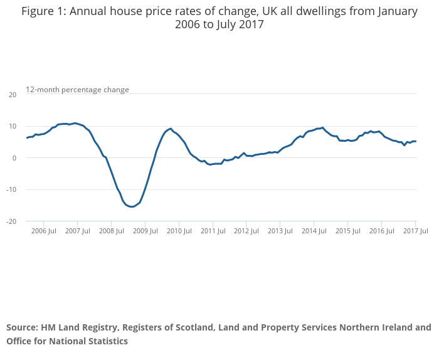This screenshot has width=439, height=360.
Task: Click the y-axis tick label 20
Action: (12, 95)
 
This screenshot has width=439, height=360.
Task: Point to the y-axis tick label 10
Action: (12, 126)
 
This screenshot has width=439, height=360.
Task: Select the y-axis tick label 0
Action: (14, 158)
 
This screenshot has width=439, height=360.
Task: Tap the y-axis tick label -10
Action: (11, 190)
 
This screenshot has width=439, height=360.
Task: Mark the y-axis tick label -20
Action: (11, 221)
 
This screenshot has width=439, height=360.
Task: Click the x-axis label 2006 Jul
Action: (44, 231)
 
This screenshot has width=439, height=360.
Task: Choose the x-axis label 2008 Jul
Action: (112, 231)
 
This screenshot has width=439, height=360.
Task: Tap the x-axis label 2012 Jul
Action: (246, 231)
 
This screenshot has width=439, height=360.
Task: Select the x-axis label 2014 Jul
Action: (314, 231)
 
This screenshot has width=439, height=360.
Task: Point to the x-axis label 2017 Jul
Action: (415, 231)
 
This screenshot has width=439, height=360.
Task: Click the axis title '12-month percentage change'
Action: (77, 90)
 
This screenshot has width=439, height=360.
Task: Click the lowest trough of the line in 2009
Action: (132, 206)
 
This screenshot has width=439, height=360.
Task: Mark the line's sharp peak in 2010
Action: (171, 129)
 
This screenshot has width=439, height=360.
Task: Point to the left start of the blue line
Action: (27, 137)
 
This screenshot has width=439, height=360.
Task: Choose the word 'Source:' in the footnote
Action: (22, 327)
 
